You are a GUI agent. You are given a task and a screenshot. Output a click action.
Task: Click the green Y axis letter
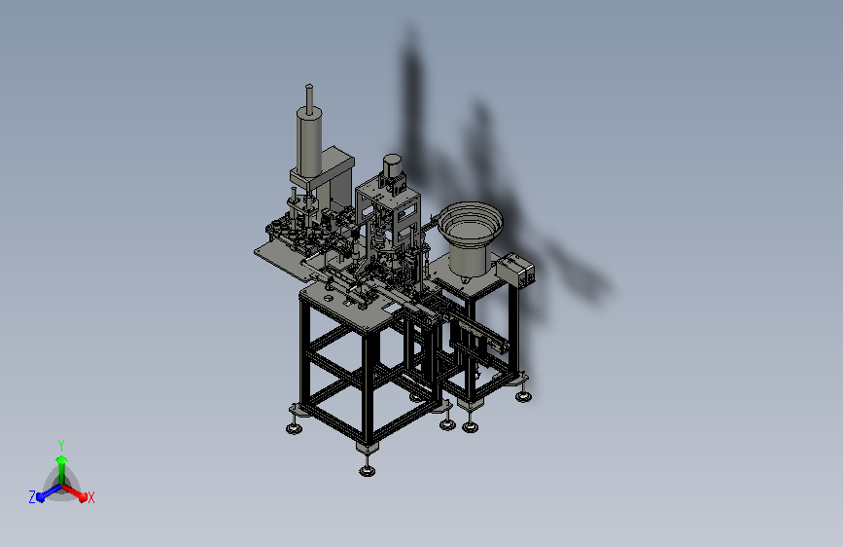coord(61,445)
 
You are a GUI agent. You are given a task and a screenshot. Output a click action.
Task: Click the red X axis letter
coord(90,497)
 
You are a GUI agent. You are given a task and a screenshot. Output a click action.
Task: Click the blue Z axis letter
coord(32,497)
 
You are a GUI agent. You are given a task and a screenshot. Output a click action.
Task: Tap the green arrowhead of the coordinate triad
coord(62,460)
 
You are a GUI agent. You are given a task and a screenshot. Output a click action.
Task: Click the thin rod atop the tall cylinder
coord(309,98)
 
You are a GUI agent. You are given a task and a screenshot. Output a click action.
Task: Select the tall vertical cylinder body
coord(309,142)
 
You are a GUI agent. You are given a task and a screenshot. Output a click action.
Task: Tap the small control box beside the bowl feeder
coord(515,270)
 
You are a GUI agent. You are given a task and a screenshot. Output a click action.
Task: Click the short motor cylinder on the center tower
coord(392,165)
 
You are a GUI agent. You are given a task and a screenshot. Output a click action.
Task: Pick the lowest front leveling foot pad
coord(368,471)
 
